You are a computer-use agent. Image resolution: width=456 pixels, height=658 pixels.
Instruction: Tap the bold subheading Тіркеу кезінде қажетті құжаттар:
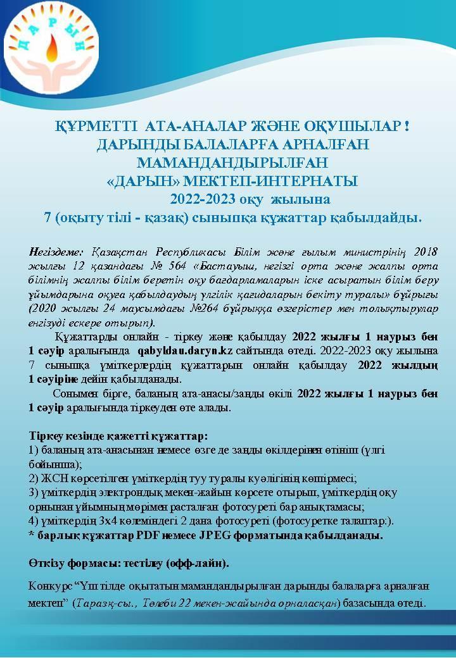pos(118,437)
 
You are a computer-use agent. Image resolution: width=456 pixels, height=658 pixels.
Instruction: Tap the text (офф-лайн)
pos(202,562)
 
